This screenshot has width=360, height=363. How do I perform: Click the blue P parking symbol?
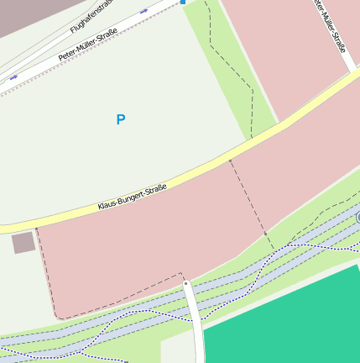tap(121, 119)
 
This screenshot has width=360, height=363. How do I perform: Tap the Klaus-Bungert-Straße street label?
tap(133, 197)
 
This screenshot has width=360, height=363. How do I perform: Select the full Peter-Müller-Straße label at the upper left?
tap(87, 44)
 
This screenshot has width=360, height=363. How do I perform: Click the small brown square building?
tap(23, 243)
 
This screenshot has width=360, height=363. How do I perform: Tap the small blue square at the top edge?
tap(183, 3)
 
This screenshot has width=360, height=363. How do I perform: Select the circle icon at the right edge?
tap(358, 218)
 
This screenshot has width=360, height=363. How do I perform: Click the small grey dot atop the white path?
tap(186, 283)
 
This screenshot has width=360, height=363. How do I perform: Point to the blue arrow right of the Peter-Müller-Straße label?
tap(143, 11)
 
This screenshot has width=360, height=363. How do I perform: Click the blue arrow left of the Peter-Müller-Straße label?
tap(13, 77)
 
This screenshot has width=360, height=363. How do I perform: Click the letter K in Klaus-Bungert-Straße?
tap(101, 207)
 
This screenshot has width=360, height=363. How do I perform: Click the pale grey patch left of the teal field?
tap(179, 348)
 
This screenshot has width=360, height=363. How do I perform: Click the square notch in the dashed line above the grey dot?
tap(180, 274)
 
